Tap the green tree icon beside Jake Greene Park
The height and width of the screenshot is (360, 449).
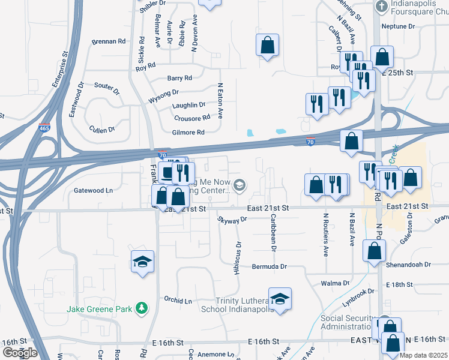[142, 308]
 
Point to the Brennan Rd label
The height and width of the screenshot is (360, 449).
[108, 41]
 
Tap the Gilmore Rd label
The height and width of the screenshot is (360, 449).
[188, 132]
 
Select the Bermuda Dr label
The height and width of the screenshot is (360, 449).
[270, 266]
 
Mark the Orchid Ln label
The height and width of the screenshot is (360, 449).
[178, 299]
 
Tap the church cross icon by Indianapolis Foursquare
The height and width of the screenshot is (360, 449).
[381, 7]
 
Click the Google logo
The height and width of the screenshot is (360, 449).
[20, 352]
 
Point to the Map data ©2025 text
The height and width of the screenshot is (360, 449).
[423, 355]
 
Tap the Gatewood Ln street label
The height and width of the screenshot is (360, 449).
[93, 190]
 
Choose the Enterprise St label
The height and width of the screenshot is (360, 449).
[59, 69]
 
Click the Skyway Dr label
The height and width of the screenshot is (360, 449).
[233, 220]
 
